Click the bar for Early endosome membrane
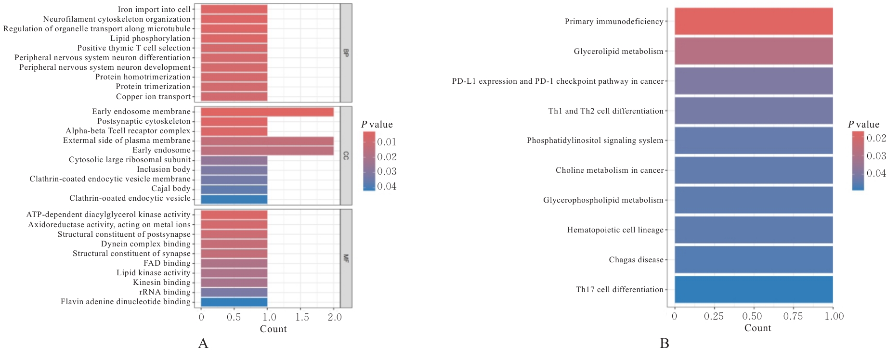[x=267, y=112]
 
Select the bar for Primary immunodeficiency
[x=753, y=22]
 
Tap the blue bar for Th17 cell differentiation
[x=753, y=289]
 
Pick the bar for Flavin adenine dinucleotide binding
[x=234, y=302]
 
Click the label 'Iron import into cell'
[x=154, y=10]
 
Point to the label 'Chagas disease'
[x=636, y=260]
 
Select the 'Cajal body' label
[x=171, y=189]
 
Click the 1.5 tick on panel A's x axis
[x=301, y=317]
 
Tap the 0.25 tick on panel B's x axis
[x=714, y=316]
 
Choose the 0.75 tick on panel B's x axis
[x=793, y=316]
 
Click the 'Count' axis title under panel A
[x=273, y=329]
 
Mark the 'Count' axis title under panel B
[x=757, y=328]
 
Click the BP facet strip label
[x=346, y=52]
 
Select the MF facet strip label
[x=346, y=258]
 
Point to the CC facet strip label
[x=346, y=155]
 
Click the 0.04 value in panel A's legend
[x=387, y=186]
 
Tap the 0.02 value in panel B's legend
[x=876, y=138]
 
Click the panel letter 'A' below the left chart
[x=203, y=344]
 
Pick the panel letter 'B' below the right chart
[x=665, y=344]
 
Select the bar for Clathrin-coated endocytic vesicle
[x=234, y=199]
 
